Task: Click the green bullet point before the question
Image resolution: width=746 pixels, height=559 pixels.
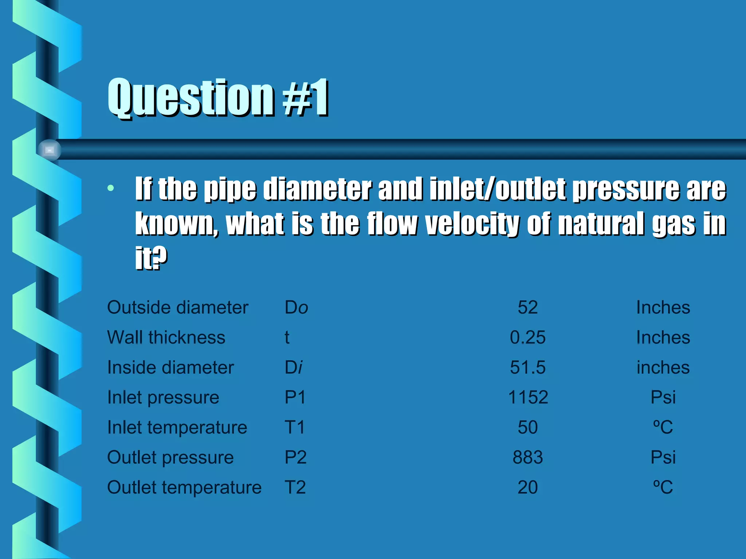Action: coord(111,188)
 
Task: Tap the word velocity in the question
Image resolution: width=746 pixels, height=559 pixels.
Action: coord(472,223)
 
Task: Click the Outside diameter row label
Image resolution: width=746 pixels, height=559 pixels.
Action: coord(178,308)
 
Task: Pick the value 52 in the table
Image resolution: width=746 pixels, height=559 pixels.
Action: coord(527,308)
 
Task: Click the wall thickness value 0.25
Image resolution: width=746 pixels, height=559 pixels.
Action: coord(527,337)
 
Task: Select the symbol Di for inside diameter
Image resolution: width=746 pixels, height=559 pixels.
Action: coord(294,368)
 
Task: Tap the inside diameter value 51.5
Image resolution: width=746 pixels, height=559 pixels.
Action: coord(527,368)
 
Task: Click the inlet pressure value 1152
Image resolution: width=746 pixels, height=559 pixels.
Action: coord(527,397)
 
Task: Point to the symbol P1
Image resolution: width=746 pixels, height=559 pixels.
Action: coord(295,397)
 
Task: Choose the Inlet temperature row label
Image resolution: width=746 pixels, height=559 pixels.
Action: coord(177,427)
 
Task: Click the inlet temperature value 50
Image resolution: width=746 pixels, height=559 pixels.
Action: coord(527,427)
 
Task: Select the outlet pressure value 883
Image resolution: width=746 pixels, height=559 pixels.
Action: coord(527,457)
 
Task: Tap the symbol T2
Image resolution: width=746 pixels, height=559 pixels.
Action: coord(295,487)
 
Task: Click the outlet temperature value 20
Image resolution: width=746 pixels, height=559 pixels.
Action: coord(527,487)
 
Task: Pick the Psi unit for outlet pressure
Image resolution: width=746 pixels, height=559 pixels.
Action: coord(663,457)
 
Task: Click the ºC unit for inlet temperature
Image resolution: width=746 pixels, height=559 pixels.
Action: coord(663,427)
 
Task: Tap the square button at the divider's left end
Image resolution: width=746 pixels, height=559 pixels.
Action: coord(50,150)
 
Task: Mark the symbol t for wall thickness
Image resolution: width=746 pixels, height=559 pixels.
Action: coord(287,337)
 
